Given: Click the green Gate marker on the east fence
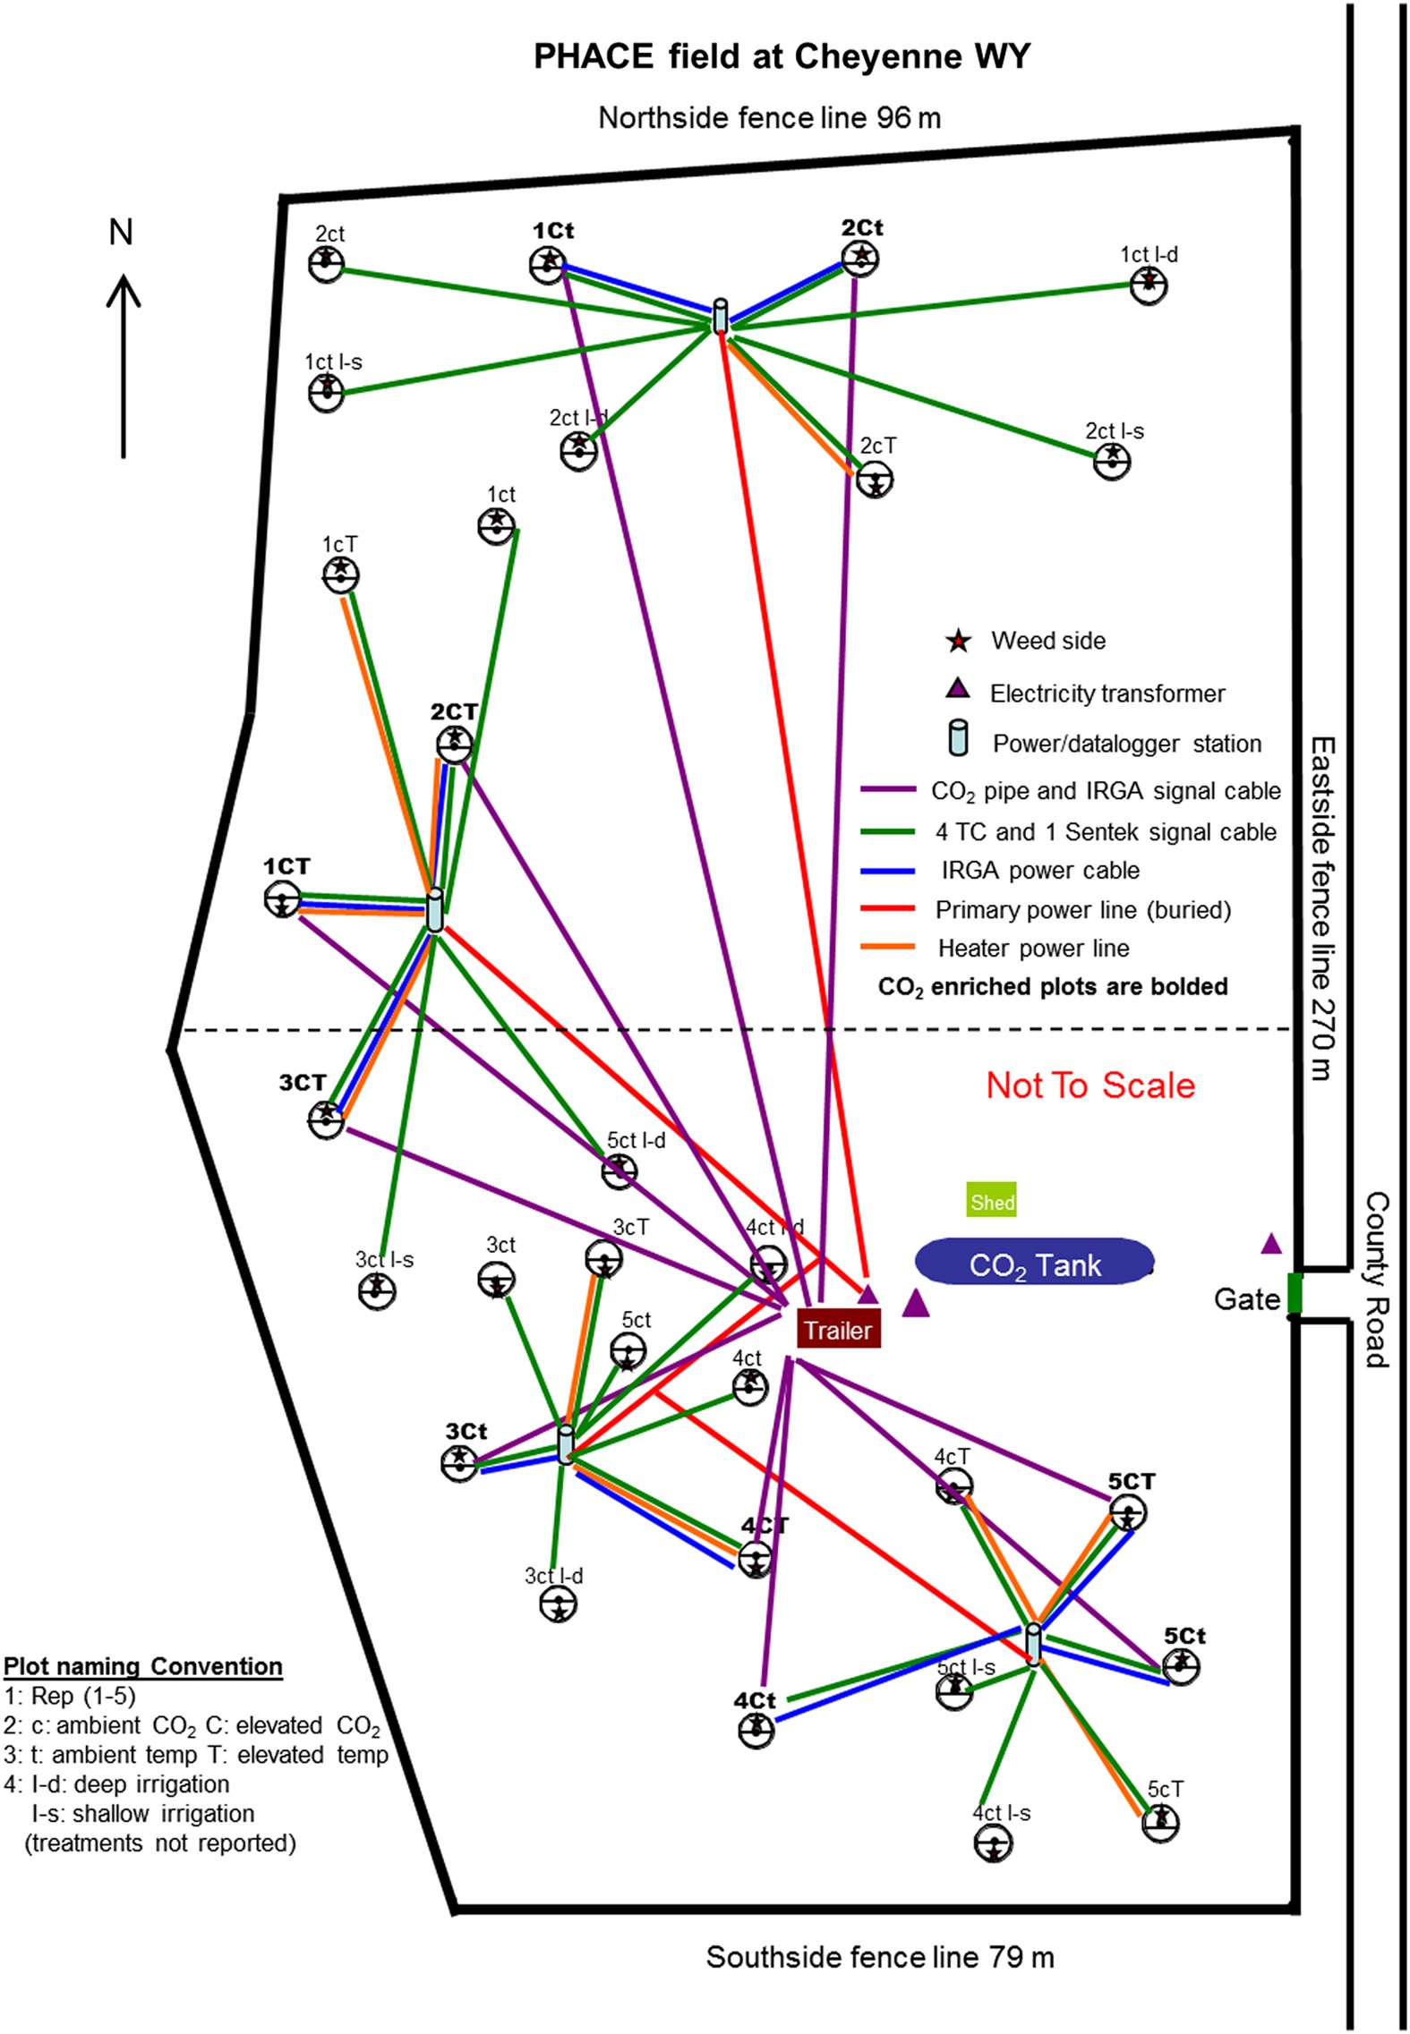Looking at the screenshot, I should pos(1294,1294).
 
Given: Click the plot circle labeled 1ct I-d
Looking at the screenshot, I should pos(1149,286).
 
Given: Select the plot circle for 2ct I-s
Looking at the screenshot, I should pos(1112,461).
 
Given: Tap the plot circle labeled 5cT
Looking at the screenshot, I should pos(1160,1822).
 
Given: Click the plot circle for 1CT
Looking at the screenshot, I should pos(283,900).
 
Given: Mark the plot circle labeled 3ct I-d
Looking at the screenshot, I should pos(558,1604).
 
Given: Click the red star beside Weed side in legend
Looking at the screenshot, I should pos(958,641).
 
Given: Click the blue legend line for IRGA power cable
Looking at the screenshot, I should pos(887,871).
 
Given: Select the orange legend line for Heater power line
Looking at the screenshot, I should pos(887,948).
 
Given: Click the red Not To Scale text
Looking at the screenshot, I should pos(1090,1085).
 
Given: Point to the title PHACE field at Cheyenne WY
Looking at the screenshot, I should pos(782,57).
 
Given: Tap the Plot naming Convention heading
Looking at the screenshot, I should pos(143,1666).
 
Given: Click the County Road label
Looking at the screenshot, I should pos(1376,1280).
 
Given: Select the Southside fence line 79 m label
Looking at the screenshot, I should pos(880,1957).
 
